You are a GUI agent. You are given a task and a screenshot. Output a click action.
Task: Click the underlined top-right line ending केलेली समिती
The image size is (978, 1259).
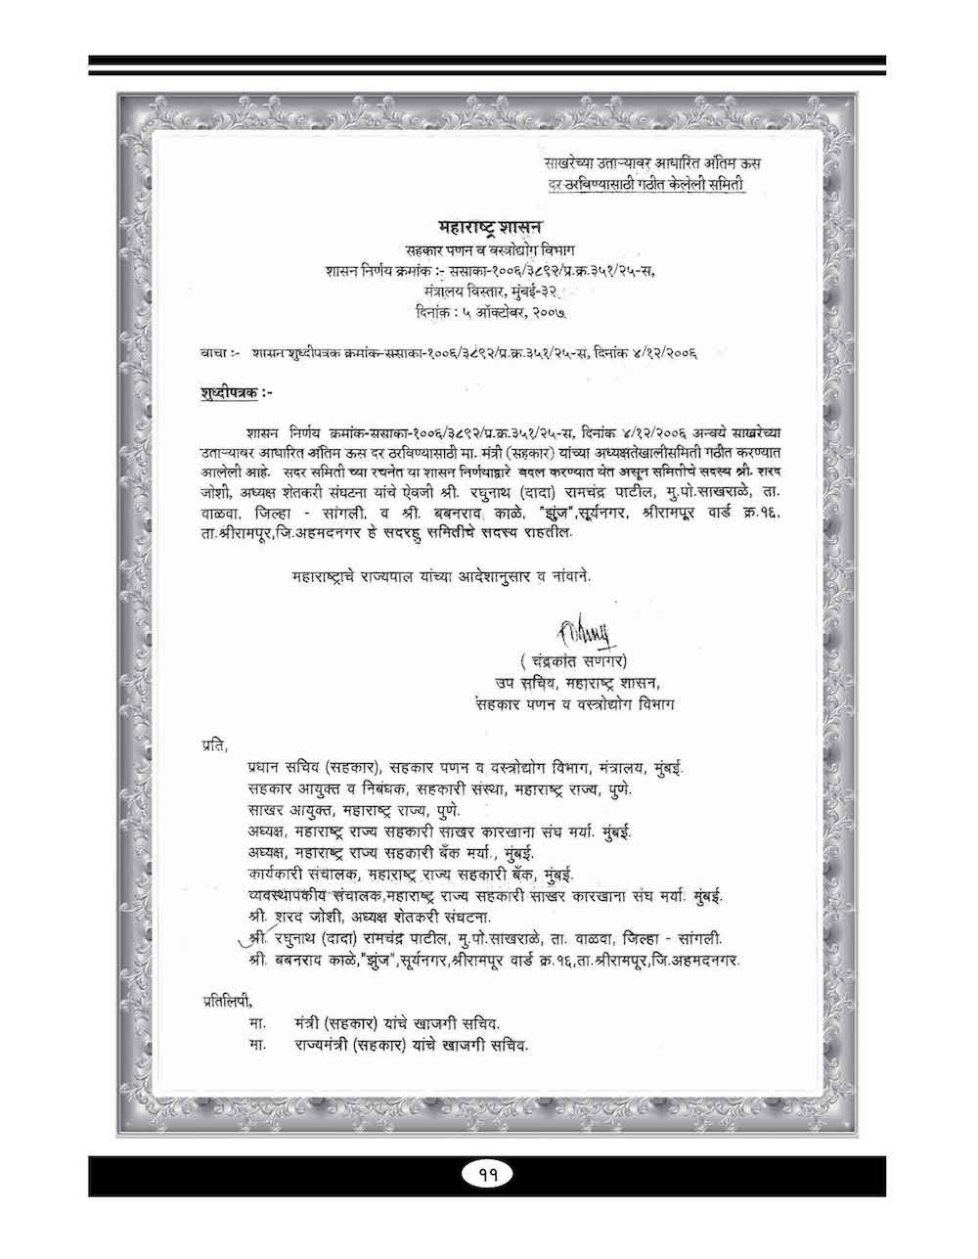tap(646, 186)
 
